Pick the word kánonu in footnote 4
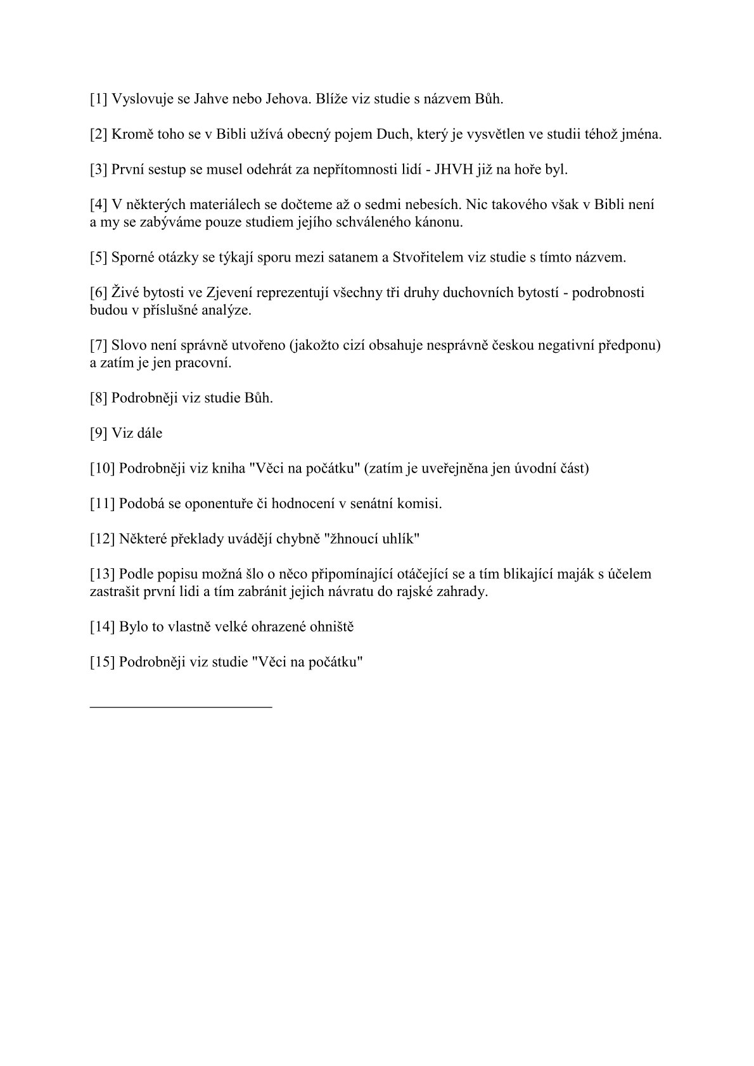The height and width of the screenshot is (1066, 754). point(442,222)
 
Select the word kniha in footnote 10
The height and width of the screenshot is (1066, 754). point(229,469)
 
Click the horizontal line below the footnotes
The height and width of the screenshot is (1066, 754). point(181,706)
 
